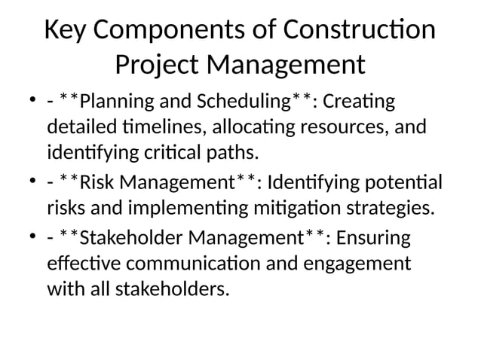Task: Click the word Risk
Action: point(98,183)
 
